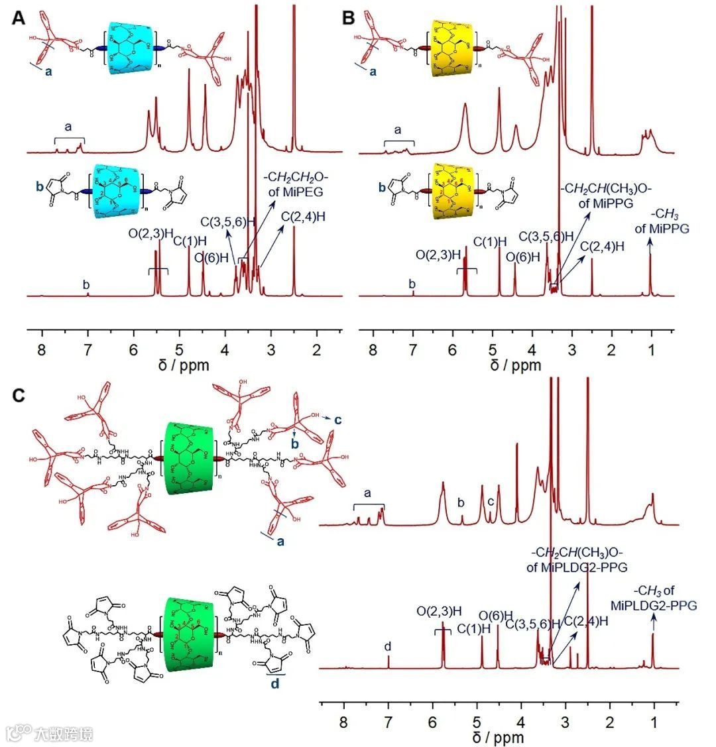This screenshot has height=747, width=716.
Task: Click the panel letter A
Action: (21, 18)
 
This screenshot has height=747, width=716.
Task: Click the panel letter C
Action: (21, 395)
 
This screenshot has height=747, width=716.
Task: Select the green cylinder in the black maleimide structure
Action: (186, 633)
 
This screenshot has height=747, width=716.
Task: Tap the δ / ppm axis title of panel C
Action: (499, 737)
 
